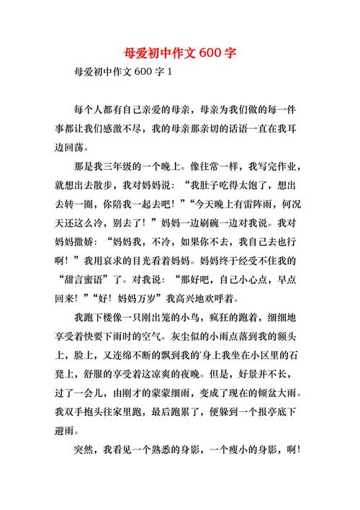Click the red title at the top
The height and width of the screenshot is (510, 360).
(x=180, y=54)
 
